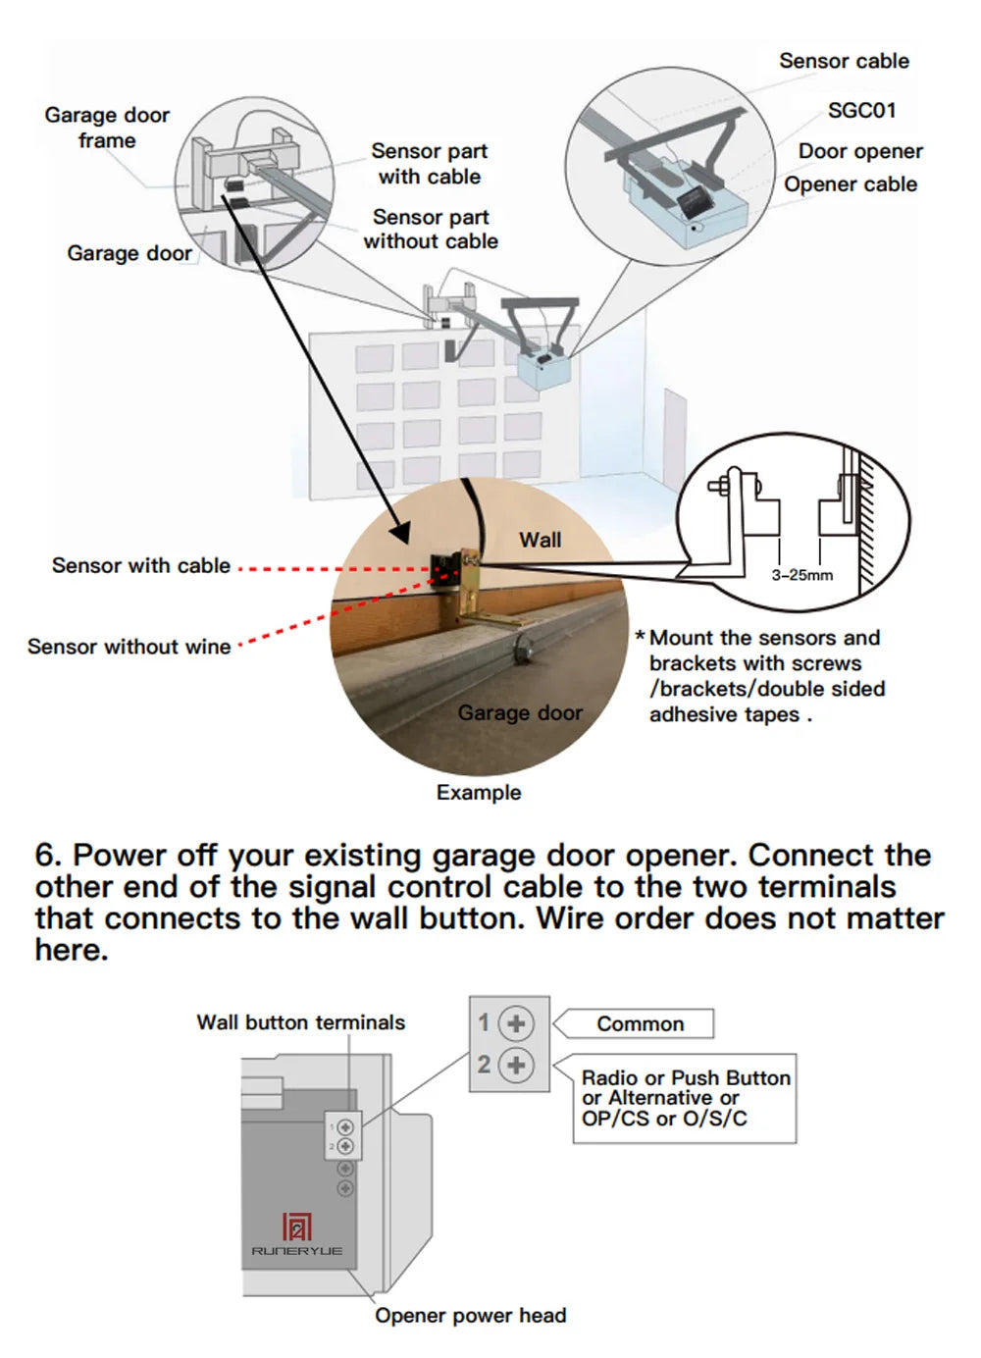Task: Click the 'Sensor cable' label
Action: click(x=844, y=61)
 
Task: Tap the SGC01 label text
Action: click(x=861, y=110)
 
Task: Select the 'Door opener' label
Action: click(x=860, y=151)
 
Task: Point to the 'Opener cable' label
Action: click(x=850, y=184)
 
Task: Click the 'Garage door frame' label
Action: click(x=107, y=128)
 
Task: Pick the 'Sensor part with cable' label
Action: click(x=429, y=164)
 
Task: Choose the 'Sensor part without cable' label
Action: click(x=431, y=229)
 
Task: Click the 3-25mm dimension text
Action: click(x=801, y=575)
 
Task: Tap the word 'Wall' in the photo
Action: click(x=540, y=540)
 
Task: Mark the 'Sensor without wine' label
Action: click(x=129, y=647)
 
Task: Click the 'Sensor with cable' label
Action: click(x=140, y=565)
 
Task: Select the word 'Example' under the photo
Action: click(x=479, y=793)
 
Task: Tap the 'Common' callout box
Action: click(x=640, y=1023)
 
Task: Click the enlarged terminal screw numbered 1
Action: click(x=516, y=1023)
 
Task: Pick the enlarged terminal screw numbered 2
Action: click(x=516, y=1066)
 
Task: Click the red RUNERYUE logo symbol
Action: click(x=296, y=1227)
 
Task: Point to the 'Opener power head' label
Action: click(x=470, y=1316)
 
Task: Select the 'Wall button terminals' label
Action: click(x=300, y=1022)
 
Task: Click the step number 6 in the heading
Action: click(x=46, y=856)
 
